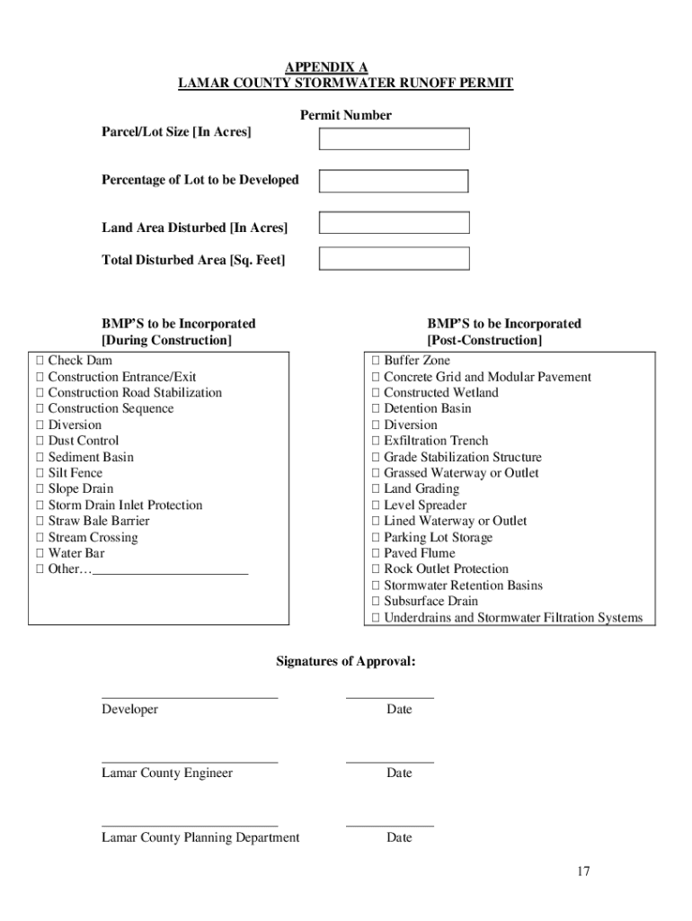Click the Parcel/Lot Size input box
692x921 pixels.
394,139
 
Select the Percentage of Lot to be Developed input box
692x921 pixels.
394,181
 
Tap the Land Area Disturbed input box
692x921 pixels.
394,222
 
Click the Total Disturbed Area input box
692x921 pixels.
394,258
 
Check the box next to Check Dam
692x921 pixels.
40,361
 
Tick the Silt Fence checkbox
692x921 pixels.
40,473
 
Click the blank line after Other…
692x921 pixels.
170,571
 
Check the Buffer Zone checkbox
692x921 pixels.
377,361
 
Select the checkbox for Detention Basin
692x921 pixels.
377,409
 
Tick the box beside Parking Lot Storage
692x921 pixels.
377,538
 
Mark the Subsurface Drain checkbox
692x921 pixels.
377,602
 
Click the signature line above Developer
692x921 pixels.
190,696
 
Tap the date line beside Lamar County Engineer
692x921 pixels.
389,761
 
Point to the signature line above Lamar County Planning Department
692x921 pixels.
190,825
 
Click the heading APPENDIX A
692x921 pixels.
326,67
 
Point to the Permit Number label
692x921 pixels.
346,115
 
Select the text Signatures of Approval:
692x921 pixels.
346,662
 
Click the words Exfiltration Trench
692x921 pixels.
436,441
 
